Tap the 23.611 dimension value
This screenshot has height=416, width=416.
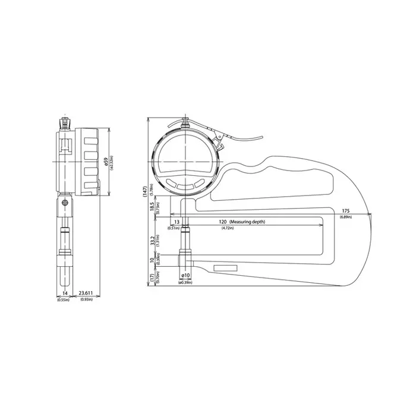[87, 294]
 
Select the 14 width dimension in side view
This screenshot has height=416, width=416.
[64, 294]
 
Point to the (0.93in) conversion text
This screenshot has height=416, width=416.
[87, 299]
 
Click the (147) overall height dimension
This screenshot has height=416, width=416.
[144, 191]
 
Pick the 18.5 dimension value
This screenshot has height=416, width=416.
[152, 206]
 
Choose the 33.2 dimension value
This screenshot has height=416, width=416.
[152, 241]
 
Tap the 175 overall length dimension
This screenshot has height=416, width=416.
[346, 211]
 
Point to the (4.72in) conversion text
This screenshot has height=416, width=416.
[227, 228]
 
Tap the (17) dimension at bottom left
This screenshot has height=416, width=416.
[152, 277]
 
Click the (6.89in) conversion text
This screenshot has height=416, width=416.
[346, 217]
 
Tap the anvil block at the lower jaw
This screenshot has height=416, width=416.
[184, 259]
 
